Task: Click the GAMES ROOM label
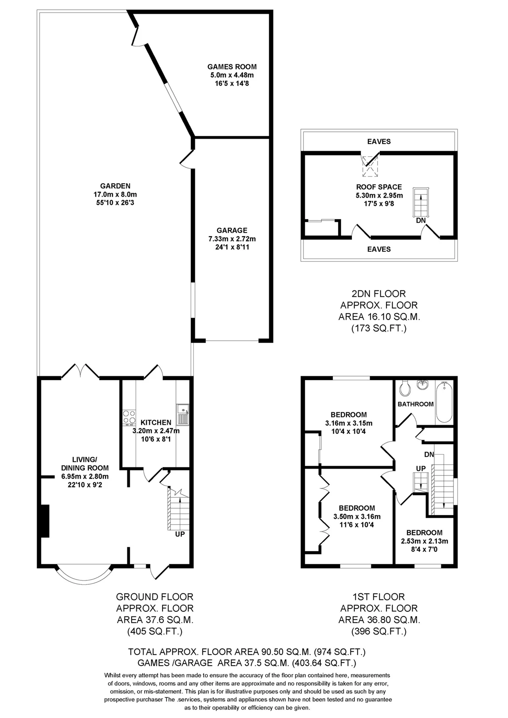coord(232,66)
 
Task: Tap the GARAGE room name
coord(232,230)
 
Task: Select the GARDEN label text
coord(116,186)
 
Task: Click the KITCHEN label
coord(156,423)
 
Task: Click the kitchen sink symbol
coord(183,414)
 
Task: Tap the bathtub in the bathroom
coord(444,402)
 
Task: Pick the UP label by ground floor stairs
coord(180,534)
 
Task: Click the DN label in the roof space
coord(421,221)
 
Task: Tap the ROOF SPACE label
coord(379,187)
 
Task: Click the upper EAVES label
coord(379,141)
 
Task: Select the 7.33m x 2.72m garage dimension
coord(232,239)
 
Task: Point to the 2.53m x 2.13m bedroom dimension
coord(424,541)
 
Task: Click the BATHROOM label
coord(415,404)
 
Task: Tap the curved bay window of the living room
coord(84,582)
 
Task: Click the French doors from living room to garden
coord(80,371)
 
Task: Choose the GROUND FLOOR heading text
coord(155,597)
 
